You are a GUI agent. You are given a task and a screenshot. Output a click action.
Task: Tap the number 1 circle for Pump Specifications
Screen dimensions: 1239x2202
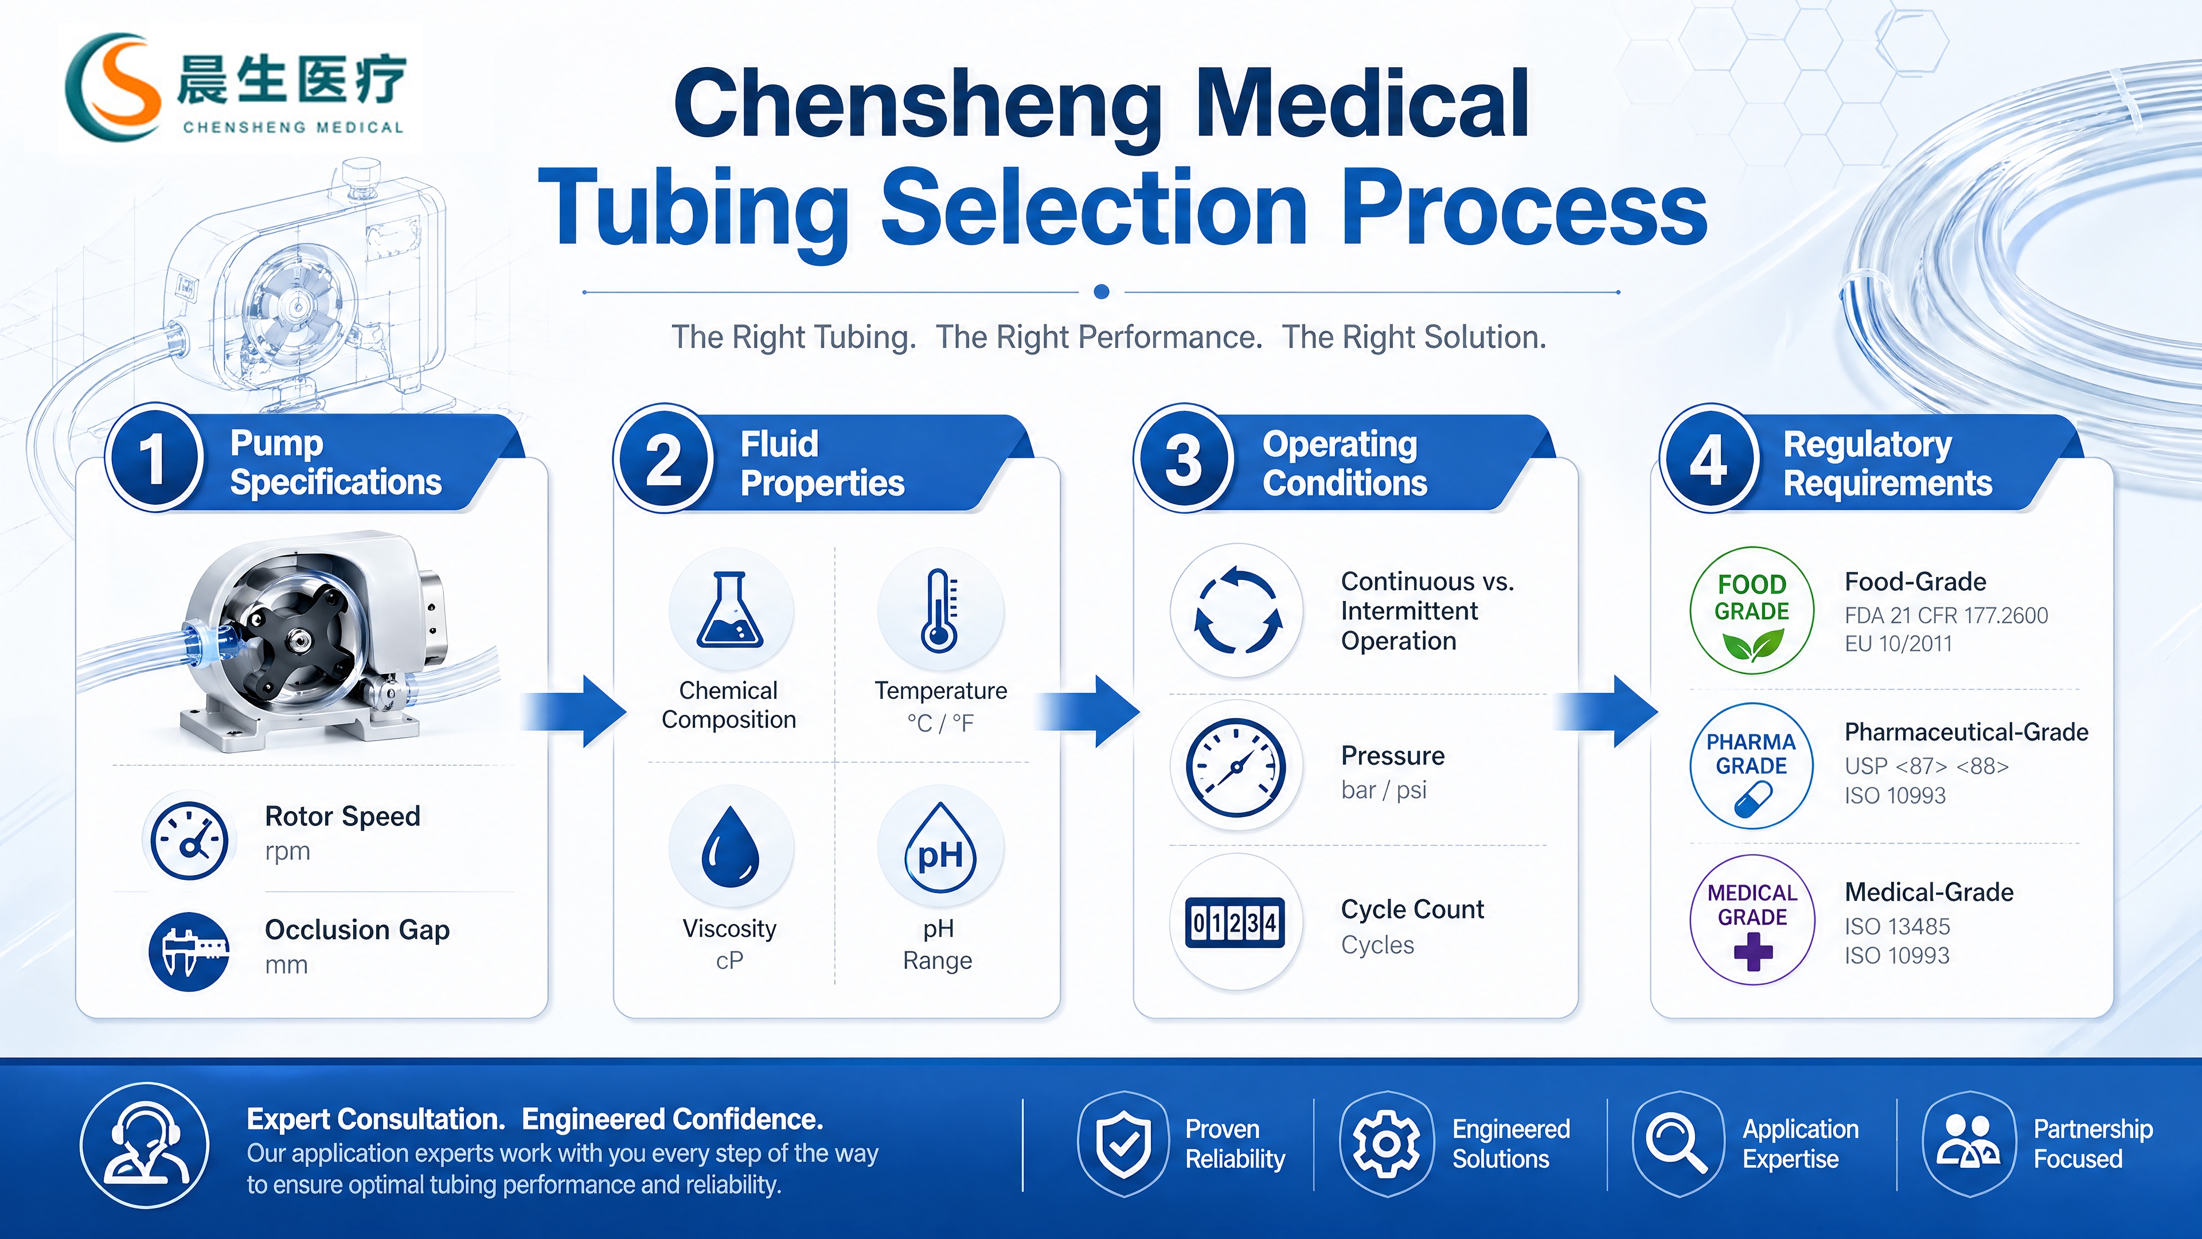tap(154, 459)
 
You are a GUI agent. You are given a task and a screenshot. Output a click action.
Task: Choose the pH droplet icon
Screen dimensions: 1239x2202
tap(939, 848)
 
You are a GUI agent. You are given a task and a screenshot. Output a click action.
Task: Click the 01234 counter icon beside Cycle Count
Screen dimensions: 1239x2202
tap(1235, 922)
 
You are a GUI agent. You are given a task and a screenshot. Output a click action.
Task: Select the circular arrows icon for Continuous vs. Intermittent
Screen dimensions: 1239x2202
tap(1237, 610)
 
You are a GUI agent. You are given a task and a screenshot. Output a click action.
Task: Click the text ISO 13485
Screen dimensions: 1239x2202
tap(1897, 926)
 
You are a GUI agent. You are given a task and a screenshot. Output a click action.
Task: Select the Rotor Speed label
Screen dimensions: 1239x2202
tap(342, 816)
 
